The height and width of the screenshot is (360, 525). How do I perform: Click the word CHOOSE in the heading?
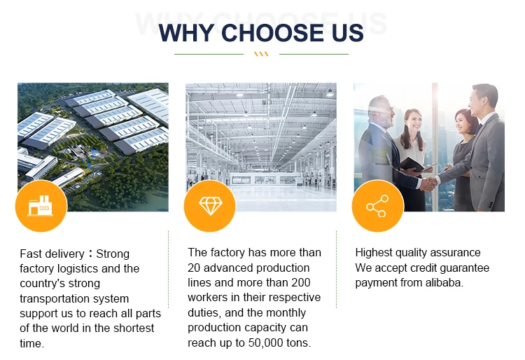pos(273,33)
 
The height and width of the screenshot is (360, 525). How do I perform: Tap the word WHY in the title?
pos(186,33)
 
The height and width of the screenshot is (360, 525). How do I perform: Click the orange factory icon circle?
pos(41,206)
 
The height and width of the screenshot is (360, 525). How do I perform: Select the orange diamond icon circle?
pos(210,206)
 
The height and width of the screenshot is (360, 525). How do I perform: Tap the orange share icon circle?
pos(378,206)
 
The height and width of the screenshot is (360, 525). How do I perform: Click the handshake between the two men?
pos(427,184)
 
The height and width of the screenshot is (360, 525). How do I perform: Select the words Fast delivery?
pos(52,254)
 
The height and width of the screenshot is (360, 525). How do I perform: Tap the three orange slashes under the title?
pos(261,54)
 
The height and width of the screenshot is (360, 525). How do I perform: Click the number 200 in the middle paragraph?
pos(301,283)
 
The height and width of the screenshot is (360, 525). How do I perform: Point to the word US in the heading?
pos(347,33)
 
